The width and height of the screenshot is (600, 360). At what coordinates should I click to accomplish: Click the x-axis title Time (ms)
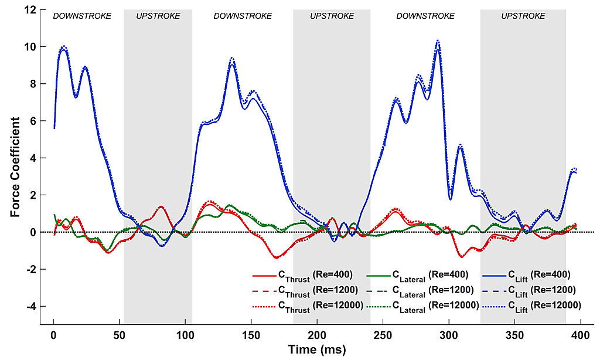click(x=317, y=350)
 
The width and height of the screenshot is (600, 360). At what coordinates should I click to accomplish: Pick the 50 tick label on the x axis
click(x=120, y=335)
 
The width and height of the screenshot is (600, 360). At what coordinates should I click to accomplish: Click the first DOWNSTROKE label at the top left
click(x=82, y=16)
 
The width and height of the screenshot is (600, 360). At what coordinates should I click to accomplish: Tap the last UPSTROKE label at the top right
click(x=523, y=16)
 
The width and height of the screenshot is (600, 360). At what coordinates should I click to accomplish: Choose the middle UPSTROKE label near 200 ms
click(x=332, y=16)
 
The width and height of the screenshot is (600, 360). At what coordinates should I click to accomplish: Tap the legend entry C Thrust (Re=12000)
click(x=308, y=305)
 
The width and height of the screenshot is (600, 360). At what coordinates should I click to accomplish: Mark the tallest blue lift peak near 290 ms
click(x=438, y=41)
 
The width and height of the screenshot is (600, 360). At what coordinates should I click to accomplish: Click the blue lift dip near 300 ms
click(x=451, y=199)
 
